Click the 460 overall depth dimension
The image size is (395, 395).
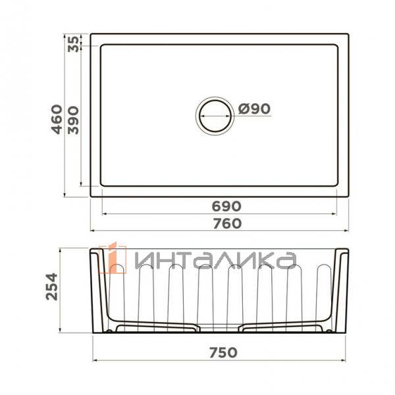click(57, 119)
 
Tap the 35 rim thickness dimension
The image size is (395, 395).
click(74, 43)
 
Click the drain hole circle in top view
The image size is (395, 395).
click(215, 115)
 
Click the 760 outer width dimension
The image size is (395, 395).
click(226, 223)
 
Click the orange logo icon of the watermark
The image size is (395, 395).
click(116, 257)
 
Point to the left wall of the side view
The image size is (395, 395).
click(98, 290)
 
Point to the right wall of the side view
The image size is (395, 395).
click(341, 290)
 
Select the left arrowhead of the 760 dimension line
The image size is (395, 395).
click(93, 231)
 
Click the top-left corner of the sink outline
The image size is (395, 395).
click(91, 34)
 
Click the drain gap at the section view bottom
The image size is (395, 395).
click(219, 327)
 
